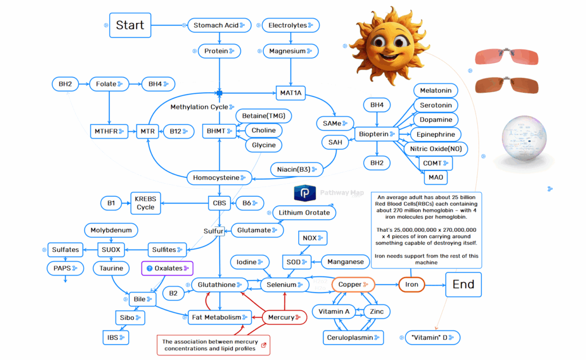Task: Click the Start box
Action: click(x=130, y=25)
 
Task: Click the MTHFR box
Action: click(x=106, y=131)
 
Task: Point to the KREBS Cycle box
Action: click(x=145, y=203)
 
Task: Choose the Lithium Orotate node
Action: click(x=304, y=212)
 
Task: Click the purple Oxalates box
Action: click(x=167, y=268)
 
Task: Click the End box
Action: click(x=463, y=284)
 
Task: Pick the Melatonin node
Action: click(x=435, y=90)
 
